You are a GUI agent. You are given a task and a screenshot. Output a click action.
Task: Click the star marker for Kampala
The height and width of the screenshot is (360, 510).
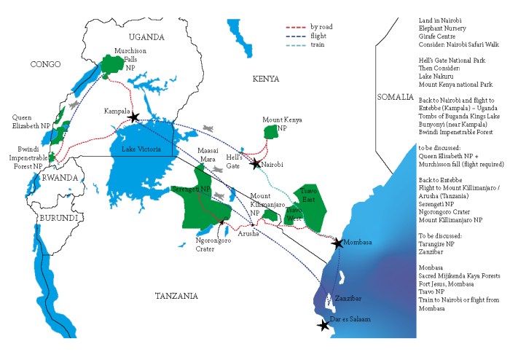[133, 117]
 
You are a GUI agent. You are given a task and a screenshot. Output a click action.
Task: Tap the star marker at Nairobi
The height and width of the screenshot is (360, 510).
[255, 165]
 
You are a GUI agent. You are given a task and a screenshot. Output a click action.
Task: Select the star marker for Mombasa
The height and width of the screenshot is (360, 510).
[337, 243]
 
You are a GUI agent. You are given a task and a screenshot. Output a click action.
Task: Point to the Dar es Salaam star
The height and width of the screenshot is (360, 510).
[324, 326]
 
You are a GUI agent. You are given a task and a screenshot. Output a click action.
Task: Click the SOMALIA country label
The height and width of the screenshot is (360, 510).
[396, 97]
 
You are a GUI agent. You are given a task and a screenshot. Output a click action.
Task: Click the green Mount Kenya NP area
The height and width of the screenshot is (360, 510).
[272, 131]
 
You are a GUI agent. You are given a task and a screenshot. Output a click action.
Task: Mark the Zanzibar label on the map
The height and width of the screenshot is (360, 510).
[348, 298]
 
